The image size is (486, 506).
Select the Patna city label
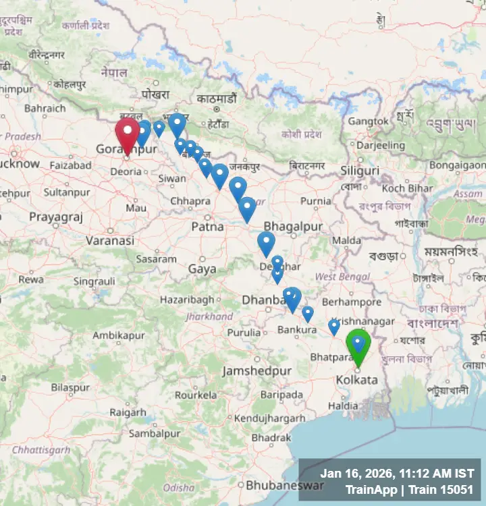pos(207,227)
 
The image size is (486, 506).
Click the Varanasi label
pos(110,240)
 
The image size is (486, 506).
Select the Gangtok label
pos(368,121)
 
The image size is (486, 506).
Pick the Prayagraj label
pos(55,217)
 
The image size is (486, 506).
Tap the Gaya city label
pos(202,269)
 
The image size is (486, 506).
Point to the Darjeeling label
pos(380,145)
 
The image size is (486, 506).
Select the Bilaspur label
pos(70,388)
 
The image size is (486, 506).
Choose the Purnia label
pos(315,201)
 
